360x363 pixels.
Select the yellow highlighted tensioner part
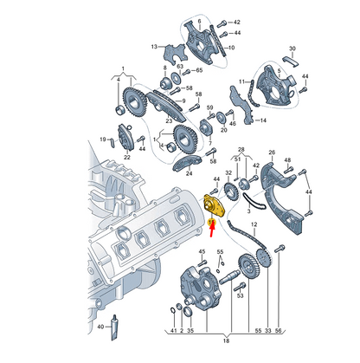[214, 206]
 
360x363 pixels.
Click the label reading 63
[180, 65]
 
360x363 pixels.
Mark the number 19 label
[102, 137]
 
